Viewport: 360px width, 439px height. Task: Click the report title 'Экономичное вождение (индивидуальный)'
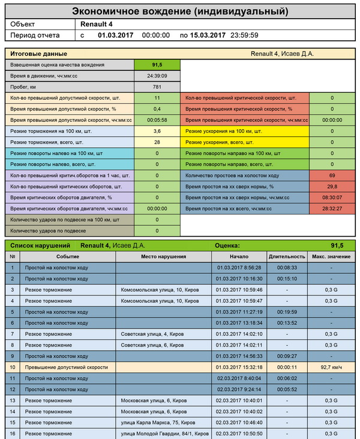pyautogui.click(x=180, y=11)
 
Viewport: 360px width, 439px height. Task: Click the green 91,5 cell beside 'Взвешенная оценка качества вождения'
pyautogui.click(x=157, y=65)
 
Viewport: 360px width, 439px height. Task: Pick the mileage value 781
pyautogui.click(x=157, y=87)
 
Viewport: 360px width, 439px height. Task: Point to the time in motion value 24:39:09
pyautogui.click(x=157, y=76)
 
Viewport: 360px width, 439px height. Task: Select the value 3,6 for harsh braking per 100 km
pyautogui.click(x=157, y=131)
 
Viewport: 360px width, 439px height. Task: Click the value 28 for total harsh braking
pyautogui.click(x=157, y=142)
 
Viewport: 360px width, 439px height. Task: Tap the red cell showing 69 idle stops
pyautogui.click(x=332, y=175)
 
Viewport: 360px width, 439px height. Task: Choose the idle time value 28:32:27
pyautogui.click(x=332, y=208)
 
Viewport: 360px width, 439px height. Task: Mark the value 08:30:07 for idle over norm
pyautogui.click(x=332, y=197)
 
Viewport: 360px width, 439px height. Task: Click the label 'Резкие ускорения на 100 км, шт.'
pyautogui.click(x=224, y=131)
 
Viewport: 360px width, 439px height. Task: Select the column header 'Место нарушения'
pyautogui.click(x=163, y=256)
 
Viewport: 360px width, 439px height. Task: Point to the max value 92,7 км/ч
pyautogui.click(x=331, y=366)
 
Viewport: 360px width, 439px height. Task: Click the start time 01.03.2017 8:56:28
pyautogui.click(x=239, y=268)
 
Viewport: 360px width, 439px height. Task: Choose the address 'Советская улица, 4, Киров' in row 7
pyautogui.click(x=152, y=334)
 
